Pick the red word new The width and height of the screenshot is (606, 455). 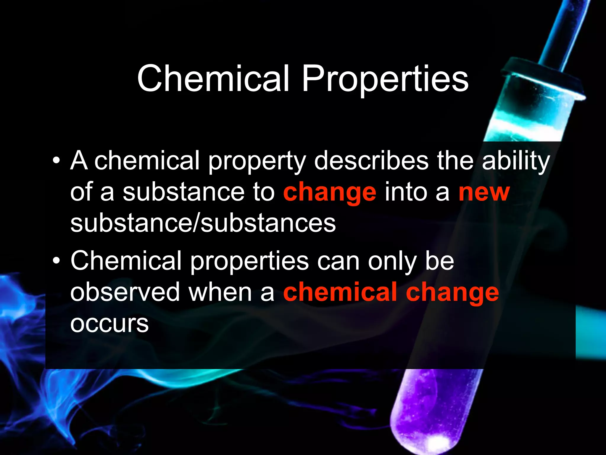click(x=484, y=193)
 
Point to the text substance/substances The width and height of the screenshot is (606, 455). click(x=203, y=223)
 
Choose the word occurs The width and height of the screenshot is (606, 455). click(x=109, y=323)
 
